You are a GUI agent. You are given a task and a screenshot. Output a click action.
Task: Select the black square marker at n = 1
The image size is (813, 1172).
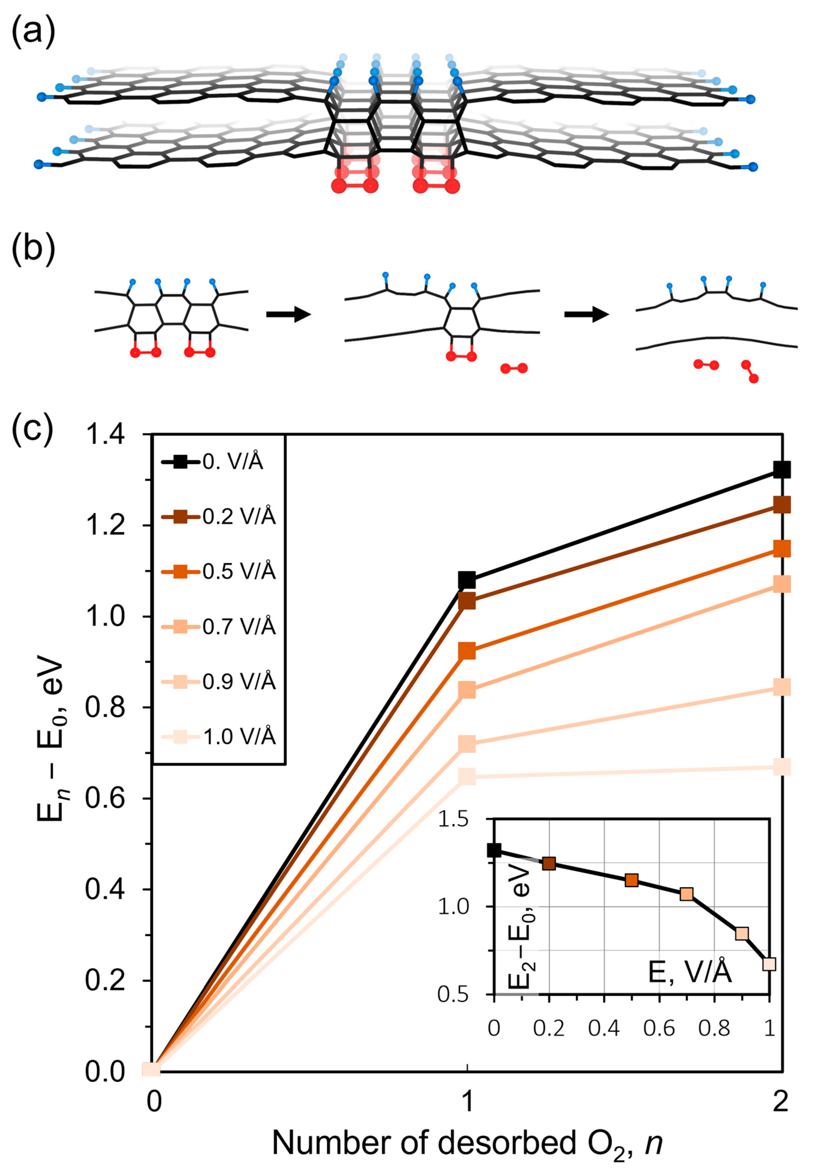(467, 580)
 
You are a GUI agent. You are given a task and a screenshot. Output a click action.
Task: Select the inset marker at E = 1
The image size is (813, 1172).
(769, 964)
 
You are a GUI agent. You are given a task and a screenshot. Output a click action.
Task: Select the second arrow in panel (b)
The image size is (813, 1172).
(586, 314)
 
